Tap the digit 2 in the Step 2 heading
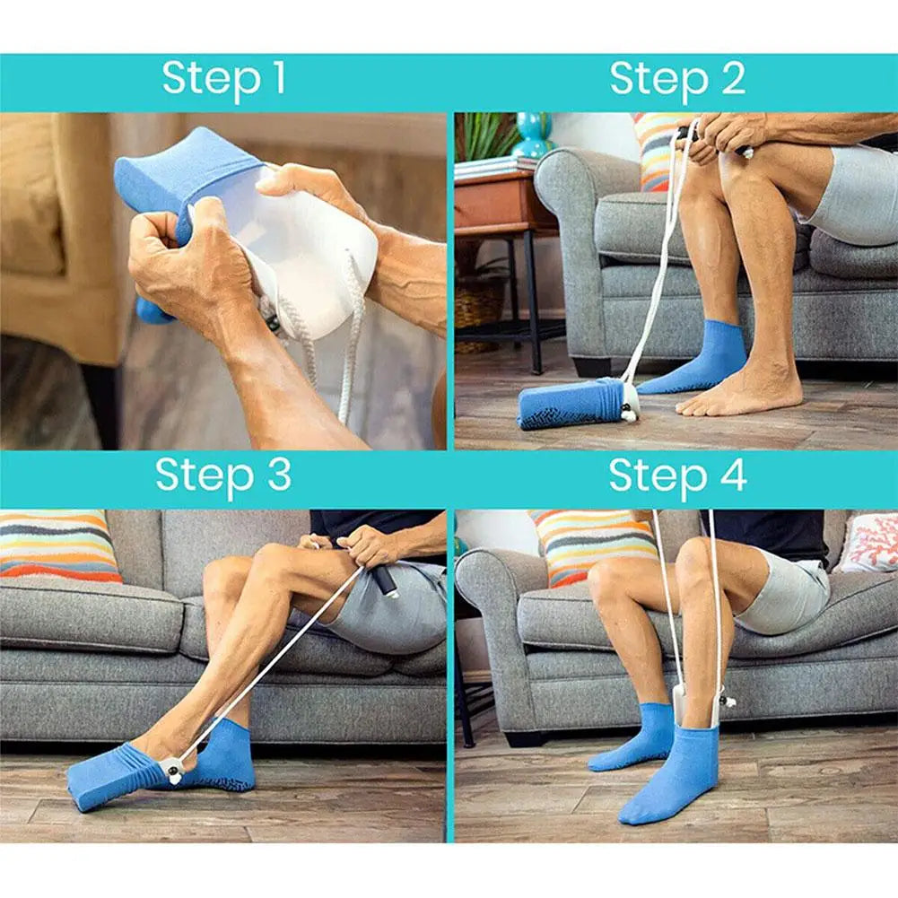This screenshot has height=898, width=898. pyautogui.click(x=732, y=79)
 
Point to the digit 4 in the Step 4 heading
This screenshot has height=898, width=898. pyautogui.click(x=733, y=475)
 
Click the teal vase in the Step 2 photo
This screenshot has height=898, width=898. pyautogui.click(x=533, y=135)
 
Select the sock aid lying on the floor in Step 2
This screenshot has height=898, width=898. pyautogui.click(x=574, y=404)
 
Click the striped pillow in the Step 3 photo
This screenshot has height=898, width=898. pyautogui.click(x=58, y=545)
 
